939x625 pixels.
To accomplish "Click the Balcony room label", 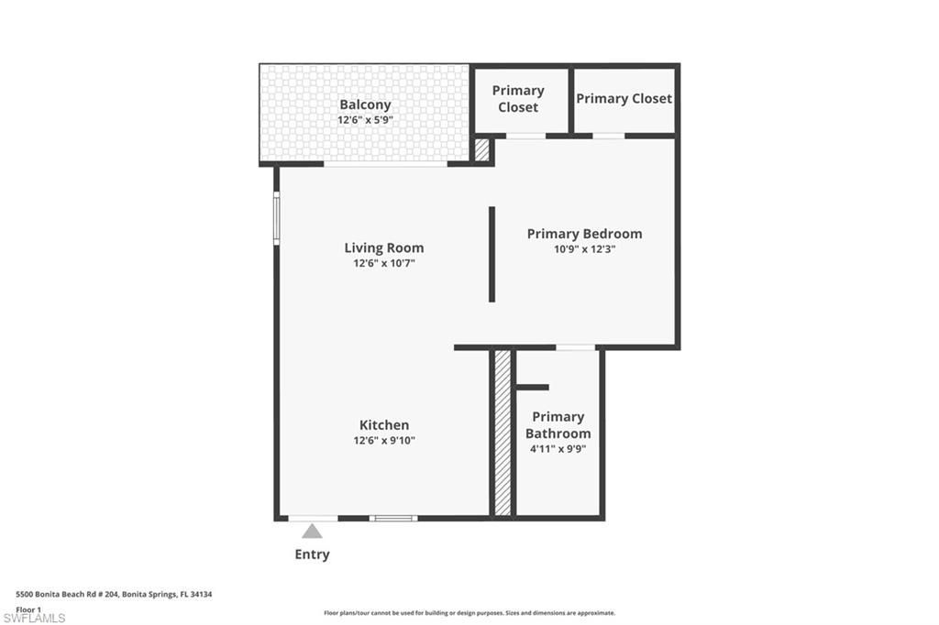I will point(365,104).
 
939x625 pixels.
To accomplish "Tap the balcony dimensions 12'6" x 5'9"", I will point(365,120).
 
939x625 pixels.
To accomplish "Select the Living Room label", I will point(384,247).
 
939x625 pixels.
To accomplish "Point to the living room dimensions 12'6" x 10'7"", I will point(384,263).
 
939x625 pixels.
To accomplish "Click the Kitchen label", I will point(384,424).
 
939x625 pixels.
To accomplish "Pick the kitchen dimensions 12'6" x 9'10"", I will point(384,440).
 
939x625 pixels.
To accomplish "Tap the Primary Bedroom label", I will point(584,233).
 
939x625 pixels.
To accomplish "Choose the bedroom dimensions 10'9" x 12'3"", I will point(584,248).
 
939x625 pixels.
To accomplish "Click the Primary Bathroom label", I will point(558,424).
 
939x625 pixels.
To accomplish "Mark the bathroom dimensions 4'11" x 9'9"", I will point(558,449).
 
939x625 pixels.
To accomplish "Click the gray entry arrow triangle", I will point(313,531).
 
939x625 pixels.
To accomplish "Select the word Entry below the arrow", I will point(312,554).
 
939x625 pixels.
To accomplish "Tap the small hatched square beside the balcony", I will point(482,149).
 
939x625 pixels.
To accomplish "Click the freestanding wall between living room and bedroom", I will point(492,254).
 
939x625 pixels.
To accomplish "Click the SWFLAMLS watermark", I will point(34,619).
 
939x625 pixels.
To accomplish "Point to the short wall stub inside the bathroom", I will point(532,387).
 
